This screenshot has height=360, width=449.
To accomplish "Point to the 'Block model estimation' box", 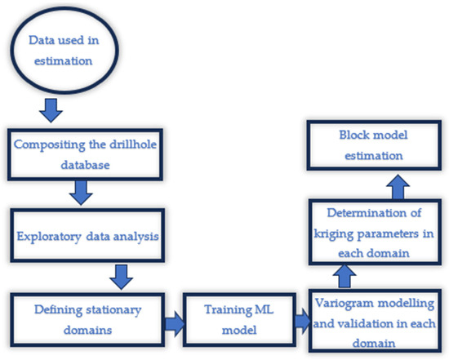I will point(374,144).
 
